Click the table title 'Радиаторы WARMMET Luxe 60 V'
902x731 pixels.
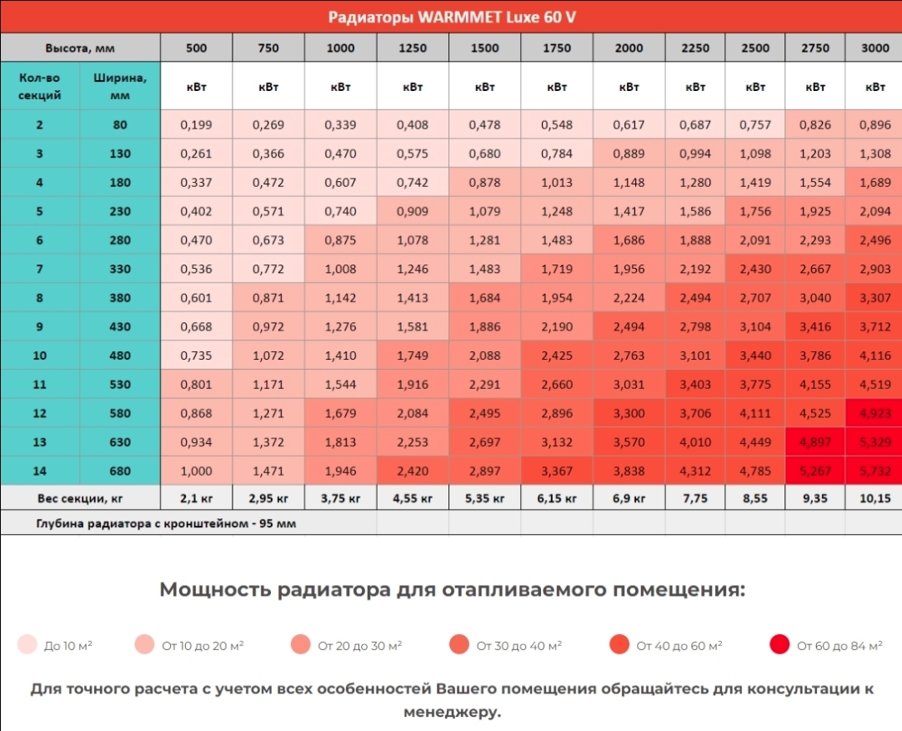coord(451,17)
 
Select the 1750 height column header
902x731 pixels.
coord(557,48)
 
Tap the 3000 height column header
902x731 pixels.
coord(874,48)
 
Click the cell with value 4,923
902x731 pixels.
coord(874,413)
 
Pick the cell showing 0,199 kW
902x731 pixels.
coord(196,125)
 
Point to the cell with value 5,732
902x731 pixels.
coord(874,471)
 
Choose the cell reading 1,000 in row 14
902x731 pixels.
coord(196,471)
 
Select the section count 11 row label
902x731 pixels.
coord(40,385)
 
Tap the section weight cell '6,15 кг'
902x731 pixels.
coord(557,498)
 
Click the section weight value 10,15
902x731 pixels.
coord(874,498)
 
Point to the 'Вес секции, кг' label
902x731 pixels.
coord(80,498)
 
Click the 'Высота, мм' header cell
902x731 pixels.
coord(80,48)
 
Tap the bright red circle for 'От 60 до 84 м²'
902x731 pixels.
coord(779,645)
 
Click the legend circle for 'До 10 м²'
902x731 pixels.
coord(28,645)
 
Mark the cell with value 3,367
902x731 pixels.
coord(557,471)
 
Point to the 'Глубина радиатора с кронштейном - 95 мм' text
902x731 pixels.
coord(166,524)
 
